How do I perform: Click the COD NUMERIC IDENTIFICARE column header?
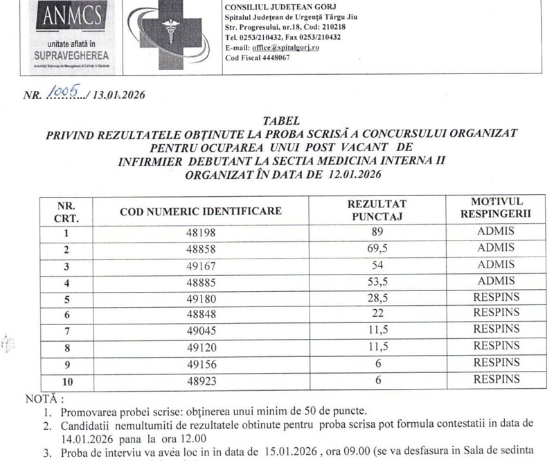[201, 211]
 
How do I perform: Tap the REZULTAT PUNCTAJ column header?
[377, 210]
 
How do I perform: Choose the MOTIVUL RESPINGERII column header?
[495, 210]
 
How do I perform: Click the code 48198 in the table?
[200, 233]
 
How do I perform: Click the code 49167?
[200, 265]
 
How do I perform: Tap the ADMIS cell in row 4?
[496, 281]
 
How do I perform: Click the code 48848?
[200, 313]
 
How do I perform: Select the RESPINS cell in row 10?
[496, 379]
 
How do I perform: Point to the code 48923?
[200, 380]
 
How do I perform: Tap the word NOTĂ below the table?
[42, 399]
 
